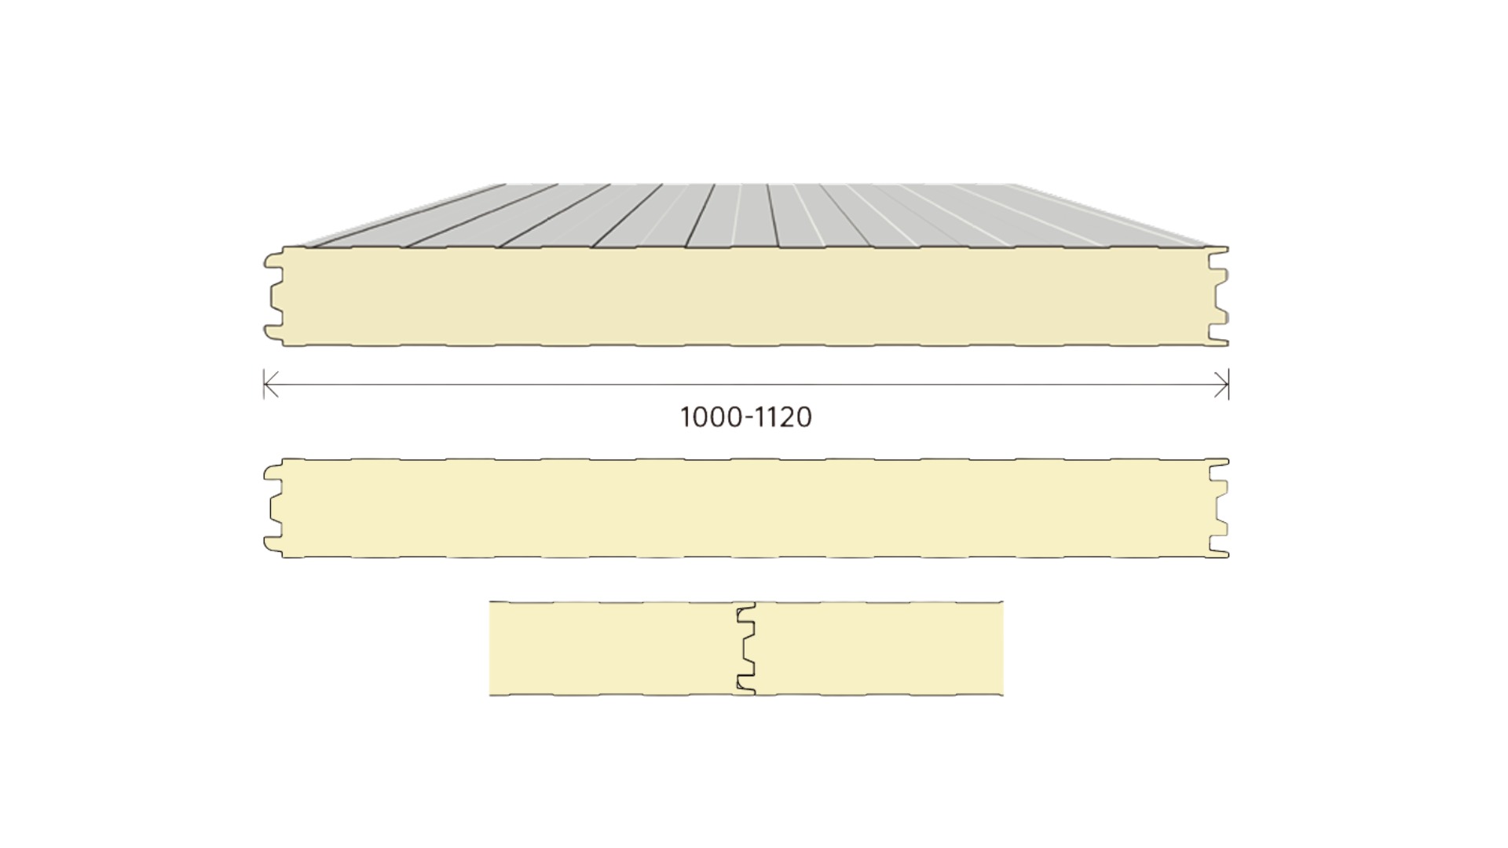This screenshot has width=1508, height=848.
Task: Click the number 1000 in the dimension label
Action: (x=712, y=417)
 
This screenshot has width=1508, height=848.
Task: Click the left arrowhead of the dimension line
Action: (x=270, y=385)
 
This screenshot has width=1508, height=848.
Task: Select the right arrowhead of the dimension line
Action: (x=1222, y=385)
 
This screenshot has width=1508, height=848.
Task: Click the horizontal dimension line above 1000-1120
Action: (x=746, y=385)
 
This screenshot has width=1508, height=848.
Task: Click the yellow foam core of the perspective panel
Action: (x=746, y=297)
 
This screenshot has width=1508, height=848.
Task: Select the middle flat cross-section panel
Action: (x=746, y=508)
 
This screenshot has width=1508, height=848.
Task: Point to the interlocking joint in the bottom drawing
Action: (x=746, y=649)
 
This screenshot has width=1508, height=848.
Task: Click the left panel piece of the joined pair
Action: (x=617, y=649)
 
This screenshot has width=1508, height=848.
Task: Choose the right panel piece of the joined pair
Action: (x=876, y=649)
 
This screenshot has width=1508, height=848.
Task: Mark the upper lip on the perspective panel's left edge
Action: (x=273, y=260)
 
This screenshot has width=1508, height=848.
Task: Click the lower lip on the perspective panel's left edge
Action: (x=273, y=333)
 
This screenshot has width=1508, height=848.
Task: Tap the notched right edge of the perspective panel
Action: (x=1220, y=297)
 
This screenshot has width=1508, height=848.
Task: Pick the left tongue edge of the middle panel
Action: (x=274, y=508)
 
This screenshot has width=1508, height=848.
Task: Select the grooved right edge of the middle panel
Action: (x=1220, y=508)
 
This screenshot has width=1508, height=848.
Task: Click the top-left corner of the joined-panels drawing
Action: (x=489, y=602)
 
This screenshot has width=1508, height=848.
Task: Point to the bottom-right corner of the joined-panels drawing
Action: (x=1003, y=695)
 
